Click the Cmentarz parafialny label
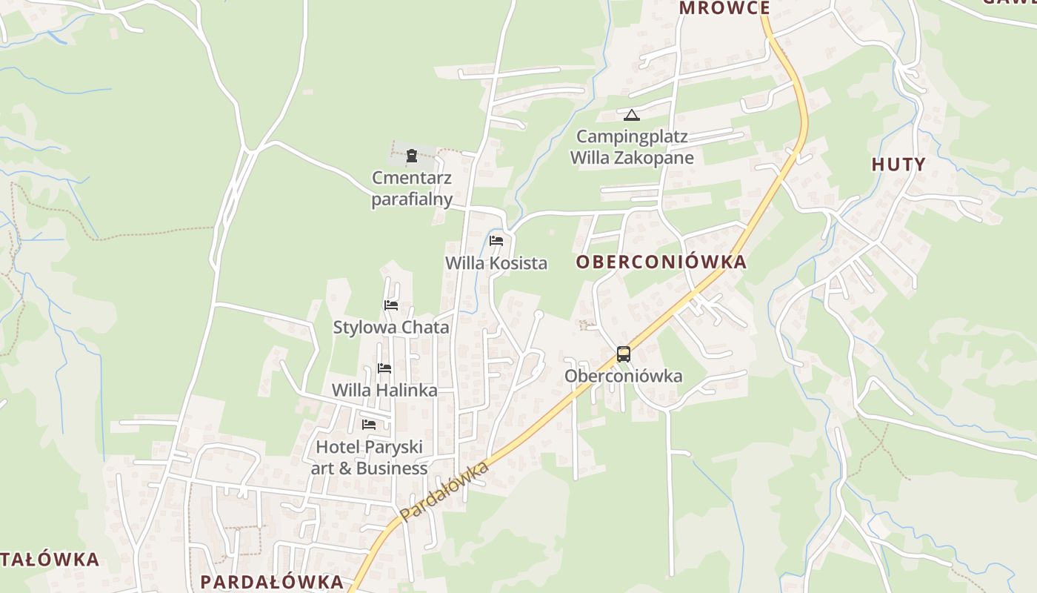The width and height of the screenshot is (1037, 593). pos(412,189)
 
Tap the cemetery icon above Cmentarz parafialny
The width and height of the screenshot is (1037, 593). pos(411,156)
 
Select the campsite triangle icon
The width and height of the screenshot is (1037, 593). pos(631,115)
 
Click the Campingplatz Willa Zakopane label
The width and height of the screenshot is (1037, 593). pos(632,147)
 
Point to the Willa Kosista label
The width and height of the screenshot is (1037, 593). pos(496,263)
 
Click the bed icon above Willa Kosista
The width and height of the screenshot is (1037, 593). pos(496,241)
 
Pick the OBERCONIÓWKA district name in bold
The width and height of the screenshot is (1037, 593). pos(661,262)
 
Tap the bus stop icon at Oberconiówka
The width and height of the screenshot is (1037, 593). pos(624,354)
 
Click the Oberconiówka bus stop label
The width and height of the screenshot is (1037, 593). pos(624,376)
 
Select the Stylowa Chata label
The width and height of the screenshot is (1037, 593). pos(391,327)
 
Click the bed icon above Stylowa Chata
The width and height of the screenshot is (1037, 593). pos(391,305)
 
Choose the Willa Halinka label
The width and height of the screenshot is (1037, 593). pos(384,390)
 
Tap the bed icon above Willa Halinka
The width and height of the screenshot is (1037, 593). pos(384,368)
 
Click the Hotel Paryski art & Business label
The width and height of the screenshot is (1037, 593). pos(369,457)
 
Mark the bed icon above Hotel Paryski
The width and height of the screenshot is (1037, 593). pos(369,425)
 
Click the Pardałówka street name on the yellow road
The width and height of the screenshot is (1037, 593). pos(444,491)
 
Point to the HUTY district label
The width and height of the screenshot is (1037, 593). pos(898,165)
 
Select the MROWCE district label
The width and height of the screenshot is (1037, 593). pos(724,8)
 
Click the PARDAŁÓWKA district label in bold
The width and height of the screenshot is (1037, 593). pos(272,582)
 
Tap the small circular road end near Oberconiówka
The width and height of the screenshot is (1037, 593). pos(538,315)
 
